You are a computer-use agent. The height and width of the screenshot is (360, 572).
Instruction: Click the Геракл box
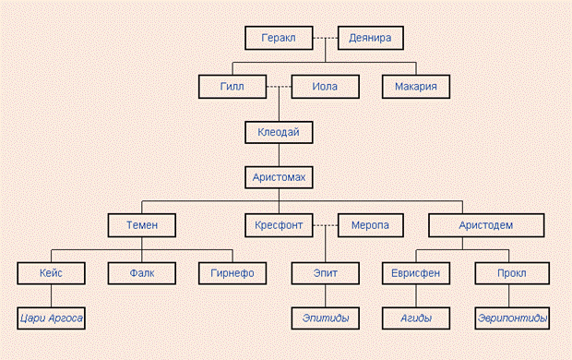tap(279, 38)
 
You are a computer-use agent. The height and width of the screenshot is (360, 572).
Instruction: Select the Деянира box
tap(370, 38)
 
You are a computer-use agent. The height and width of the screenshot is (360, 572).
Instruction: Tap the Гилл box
tap(232, 87)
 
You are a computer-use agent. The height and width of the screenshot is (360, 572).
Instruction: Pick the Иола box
tap(325, 87)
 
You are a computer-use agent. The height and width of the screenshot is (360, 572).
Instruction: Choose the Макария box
tap(416, 87)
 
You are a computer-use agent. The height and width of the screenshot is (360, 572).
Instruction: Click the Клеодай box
tap(279, 132)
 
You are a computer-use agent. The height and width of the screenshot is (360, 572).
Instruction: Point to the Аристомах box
tap(279, 177)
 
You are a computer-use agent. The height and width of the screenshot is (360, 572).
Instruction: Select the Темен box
tap(142, 225)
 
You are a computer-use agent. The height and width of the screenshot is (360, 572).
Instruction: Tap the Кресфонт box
tap(279, 225)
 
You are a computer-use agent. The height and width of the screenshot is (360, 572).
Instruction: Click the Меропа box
tap(370, 225)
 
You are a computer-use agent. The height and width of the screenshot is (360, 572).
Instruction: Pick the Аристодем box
tap(486, 225)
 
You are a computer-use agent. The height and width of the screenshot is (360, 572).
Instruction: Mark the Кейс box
tap(51, 273)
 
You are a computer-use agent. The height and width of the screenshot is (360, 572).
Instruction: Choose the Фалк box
tap(142, 273)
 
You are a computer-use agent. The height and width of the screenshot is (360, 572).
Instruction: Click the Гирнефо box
tap(232, 273)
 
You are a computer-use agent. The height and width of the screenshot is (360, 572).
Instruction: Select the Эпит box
tap(325, 273)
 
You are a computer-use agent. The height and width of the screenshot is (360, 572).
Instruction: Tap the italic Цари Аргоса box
tap(51, 318)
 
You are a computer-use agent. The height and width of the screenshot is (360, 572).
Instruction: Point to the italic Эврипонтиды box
tap(512, 318)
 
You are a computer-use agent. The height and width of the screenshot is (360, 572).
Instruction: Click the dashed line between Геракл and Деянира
tap(326, 38)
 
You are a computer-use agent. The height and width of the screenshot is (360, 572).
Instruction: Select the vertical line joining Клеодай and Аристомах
tap(279, 155)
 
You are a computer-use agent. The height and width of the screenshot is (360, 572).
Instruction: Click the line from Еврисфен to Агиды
tap(416, 296)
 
